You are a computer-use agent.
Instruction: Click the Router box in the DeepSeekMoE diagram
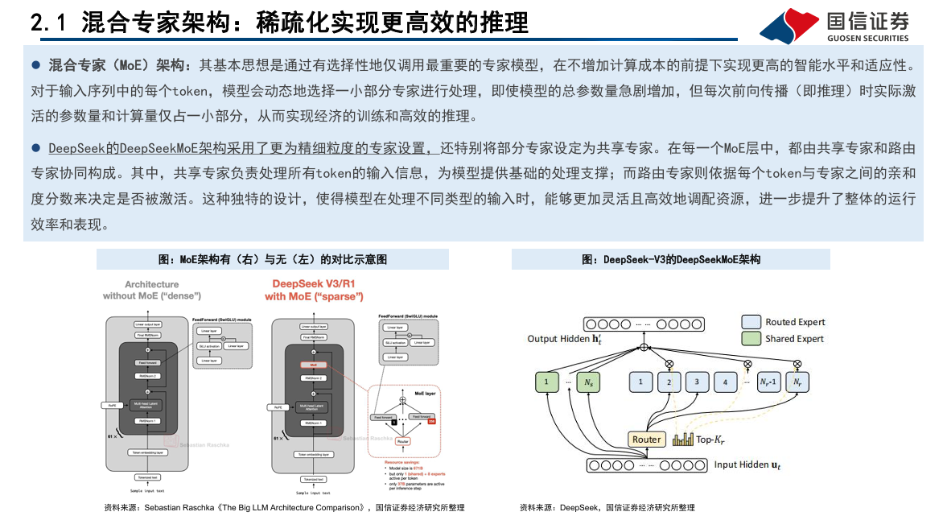pos(646,440)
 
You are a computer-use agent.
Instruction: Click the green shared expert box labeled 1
pos(547,382)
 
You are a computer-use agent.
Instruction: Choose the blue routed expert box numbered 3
pos(697,382)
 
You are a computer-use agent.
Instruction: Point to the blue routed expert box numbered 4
pos(725,382)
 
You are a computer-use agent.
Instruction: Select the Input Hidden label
pos(747,465)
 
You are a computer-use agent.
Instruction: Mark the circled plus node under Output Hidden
pos(644,347)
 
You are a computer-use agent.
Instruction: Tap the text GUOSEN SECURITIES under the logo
pos(867,38)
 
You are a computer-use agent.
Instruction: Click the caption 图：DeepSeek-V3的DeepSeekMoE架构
pos(670,259)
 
